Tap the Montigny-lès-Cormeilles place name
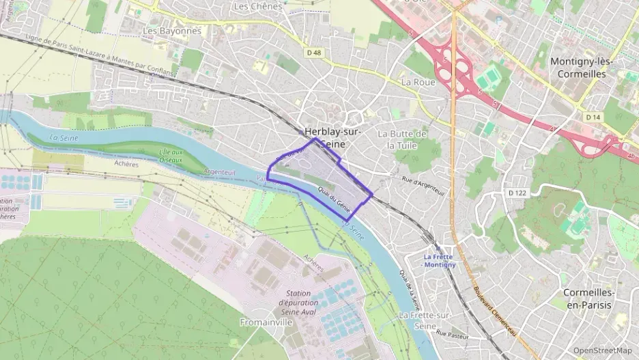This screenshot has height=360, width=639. click(x=582, y=68)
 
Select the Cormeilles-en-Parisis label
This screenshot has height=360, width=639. click(x=588, y=299)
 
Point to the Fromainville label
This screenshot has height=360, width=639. click(x=266, y=322)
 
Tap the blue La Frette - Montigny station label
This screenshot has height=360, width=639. click(x=439, y=260)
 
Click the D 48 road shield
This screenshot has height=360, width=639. click(x=314, y=53)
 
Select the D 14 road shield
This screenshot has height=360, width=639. click(x=593, y=117)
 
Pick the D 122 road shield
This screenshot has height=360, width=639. click(x=517, y=193)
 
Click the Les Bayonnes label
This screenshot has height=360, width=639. click(x=172, y=31)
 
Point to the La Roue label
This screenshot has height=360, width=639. click(x=418, y=81)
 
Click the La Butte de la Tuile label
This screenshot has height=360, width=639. click(x=402, y=139)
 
